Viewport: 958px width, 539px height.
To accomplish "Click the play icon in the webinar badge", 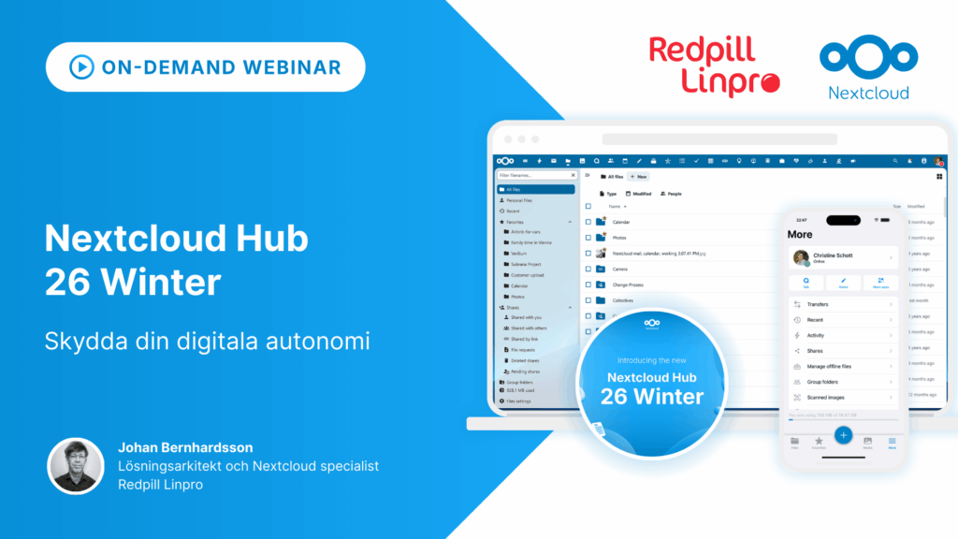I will [81, 67].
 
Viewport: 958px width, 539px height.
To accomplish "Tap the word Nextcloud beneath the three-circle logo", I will [868, 92].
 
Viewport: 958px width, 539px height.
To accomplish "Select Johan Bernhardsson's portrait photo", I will [76, 465].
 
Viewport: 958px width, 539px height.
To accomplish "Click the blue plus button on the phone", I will [843, 434].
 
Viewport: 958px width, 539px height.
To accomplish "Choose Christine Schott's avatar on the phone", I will [800, 257].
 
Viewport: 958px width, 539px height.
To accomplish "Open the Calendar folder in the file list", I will [621, 222].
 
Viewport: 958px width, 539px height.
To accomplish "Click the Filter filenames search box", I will [535, 175].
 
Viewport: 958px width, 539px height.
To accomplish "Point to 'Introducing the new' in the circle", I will [651, 360].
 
